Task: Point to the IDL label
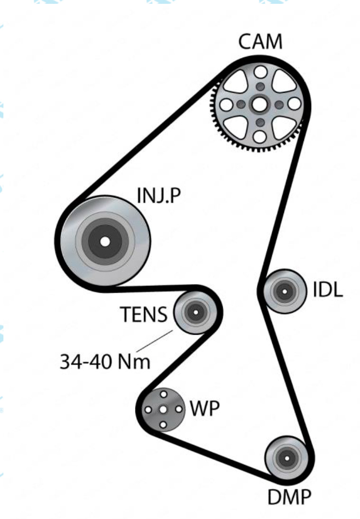(327, 291)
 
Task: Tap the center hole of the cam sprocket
(260, 104)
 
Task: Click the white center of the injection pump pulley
(105, 241)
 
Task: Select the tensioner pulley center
(194, 312)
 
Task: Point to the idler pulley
(284, 291)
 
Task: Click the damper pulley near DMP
(286, 459)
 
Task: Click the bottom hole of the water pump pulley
(163, 424)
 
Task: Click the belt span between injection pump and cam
(145, 138)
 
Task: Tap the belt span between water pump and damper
(214, 452)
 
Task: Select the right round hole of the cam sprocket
(294, 104)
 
